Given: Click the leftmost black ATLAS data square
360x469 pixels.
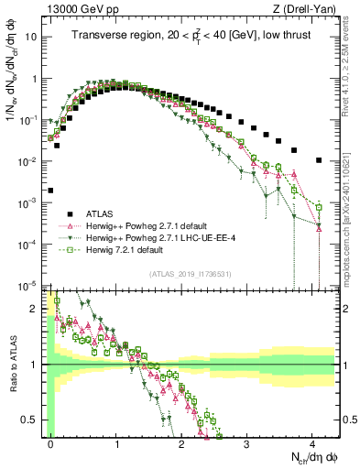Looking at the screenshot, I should tap(49, 191).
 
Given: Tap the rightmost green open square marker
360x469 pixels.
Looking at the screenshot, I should tap(318, 207).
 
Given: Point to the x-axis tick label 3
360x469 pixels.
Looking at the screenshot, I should tap(246, 443).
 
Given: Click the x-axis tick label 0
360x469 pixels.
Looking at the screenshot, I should tap(50, 443).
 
